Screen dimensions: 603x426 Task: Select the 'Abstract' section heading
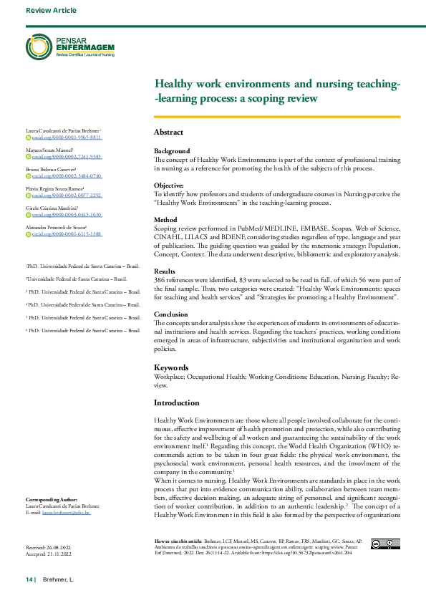coord(168,132)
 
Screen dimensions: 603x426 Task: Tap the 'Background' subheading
coord(172,151)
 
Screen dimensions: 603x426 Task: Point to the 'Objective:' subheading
coord(169,185)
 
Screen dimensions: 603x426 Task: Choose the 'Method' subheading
coord(165,220)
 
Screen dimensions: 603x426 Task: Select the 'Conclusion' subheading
coord(171,314)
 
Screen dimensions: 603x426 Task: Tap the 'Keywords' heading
coord(172,367)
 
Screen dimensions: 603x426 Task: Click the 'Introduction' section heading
coord(177,402)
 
